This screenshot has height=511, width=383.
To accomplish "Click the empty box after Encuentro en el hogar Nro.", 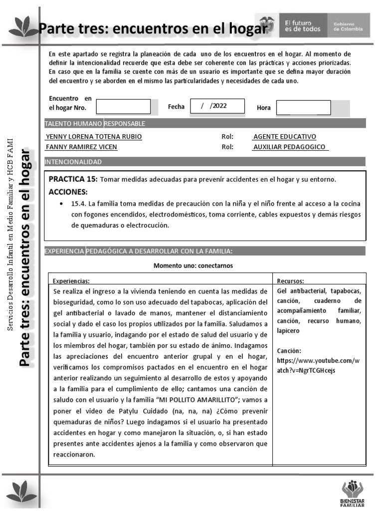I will pos(123,107).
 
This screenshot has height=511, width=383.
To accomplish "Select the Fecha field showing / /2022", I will pos(217,106).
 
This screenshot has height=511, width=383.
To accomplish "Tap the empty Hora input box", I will pos(303,107).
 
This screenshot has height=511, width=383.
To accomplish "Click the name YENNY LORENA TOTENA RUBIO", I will pos(94,137).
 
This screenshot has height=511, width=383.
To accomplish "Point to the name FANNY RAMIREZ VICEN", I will pos(82,147).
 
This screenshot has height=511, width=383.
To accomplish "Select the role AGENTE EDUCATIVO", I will pos(284,137).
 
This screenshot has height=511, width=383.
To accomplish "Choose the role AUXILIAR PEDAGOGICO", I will pos(290,147).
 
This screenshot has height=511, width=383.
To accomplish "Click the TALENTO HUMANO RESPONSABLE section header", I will pos(95,123).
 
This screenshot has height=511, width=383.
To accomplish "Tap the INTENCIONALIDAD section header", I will pos(73,162).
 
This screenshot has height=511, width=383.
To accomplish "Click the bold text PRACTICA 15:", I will pos(73,179).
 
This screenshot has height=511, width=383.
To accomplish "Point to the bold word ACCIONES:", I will pos(68,192).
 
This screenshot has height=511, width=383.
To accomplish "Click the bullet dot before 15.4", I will pos(60,204).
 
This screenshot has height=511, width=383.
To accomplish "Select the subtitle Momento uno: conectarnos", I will pos(193,265).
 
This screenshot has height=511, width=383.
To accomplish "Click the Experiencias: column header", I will pos(71,281).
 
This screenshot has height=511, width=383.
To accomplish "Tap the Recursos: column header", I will pos(290,281).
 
